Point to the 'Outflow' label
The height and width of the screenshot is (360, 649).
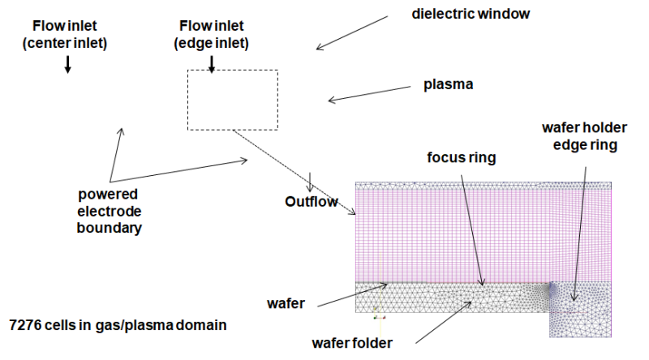pos(311,201)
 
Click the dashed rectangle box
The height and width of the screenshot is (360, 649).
pos(233,100)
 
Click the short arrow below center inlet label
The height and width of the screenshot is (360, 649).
pos(68,65)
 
